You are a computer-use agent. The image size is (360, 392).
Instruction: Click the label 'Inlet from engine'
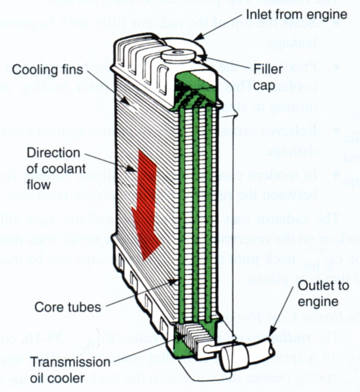tap(296, 15)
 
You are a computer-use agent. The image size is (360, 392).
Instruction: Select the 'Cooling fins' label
tap(47, 70)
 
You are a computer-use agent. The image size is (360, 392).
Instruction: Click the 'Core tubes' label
tap(68, 307)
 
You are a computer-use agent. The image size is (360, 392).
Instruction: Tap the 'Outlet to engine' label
tap(323, 293)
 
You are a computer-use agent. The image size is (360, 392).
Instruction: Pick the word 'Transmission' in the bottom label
tap(70, 362)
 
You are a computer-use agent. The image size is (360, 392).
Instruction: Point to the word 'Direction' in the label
tap(53, 153)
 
